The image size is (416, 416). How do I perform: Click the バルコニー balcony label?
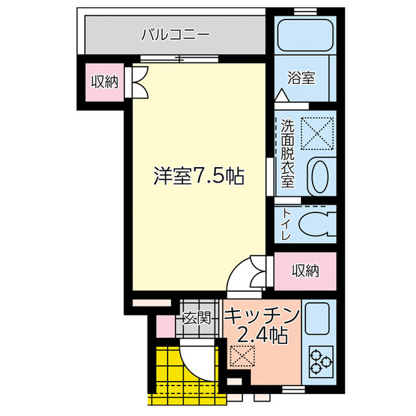click(175, 34)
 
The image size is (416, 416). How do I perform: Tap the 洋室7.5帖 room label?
click(199, 176)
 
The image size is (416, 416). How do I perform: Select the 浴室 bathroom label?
click(302, 78)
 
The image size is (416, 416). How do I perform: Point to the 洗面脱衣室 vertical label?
click(287, 153)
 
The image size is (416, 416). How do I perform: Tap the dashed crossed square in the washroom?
click(317, 133)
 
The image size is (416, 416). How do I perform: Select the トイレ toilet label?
click(286, 224)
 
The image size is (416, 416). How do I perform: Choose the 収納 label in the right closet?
click(305, 271)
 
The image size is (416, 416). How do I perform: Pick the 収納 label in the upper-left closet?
click(105, 82)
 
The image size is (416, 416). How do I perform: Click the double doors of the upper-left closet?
click(136, 82)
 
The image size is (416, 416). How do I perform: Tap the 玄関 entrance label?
click(198, 318)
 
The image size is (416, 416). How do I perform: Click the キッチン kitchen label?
click(262, 316)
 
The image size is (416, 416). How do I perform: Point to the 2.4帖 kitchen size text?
click(262, 335)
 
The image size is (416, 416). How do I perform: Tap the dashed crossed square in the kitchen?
click(242, 356)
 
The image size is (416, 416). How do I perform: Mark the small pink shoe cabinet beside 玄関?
click(166, 326)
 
